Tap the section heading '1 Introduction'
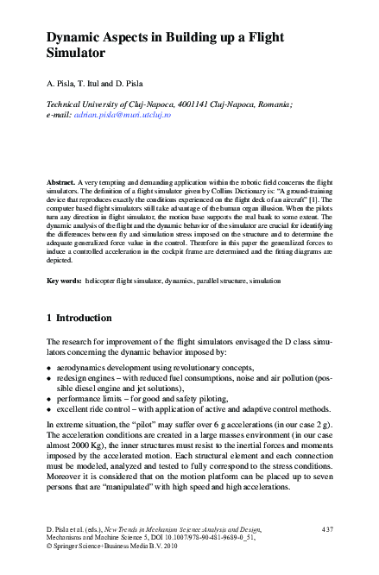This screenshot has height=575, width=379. pos(79,318)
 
